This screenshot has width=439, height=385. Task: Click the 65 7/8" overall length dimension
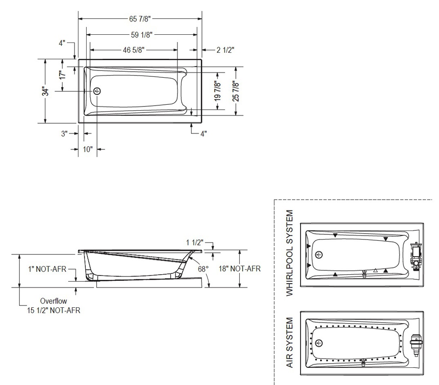click(x=140, y=19)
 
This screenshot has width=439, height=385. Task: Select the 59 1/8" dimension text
click(x=141, y=35)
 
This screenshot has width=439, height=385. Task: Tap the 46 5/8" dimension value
click(x=134, y=50)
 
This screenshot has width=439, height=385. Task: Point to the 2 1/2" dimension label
click(x=226, y=50)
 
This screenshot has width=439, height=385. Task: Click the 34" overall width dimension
click(x=45, y=91)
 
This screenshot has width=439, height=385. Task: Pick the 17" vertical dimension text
click(x=63, y=75)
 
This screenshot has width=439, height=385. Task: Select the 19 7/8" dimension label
click(x=217, y=91)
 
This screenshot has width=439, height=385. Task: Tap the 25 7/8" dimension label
click(x=236, y=91)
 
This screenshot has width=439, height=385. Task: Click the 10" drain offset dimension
click(x=87, y=149)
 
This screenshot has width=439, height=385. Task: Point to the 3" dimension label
click(x=64, y=133)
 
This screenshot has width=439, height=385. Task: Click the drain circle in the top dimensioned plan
click(x=97, y=91)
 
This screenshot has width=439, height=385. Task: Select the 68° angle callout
click(x=203, y=269)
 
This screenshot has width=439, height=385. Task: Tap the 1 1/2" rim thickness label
click(x=195, y=243)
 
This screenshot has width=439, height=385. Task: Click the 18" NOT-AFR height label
click(x=240, y=269)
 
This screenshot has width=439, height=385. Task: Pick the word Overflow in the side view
click(x=54, y=301)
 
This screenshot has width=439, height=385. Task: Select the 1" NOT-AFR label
click(x=47, y=269)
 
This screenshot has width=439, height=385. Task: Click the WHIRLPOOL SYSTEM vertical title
click(x=289, y=253)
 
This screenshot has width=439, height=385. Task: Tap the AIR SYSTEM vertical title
click(x=289, y=343)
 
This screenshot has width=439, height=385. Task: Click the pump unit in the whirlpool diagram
click(x=415, y=257)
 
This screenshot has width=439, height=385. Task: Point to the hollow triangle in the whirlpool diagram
click(x=376, y=270)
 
